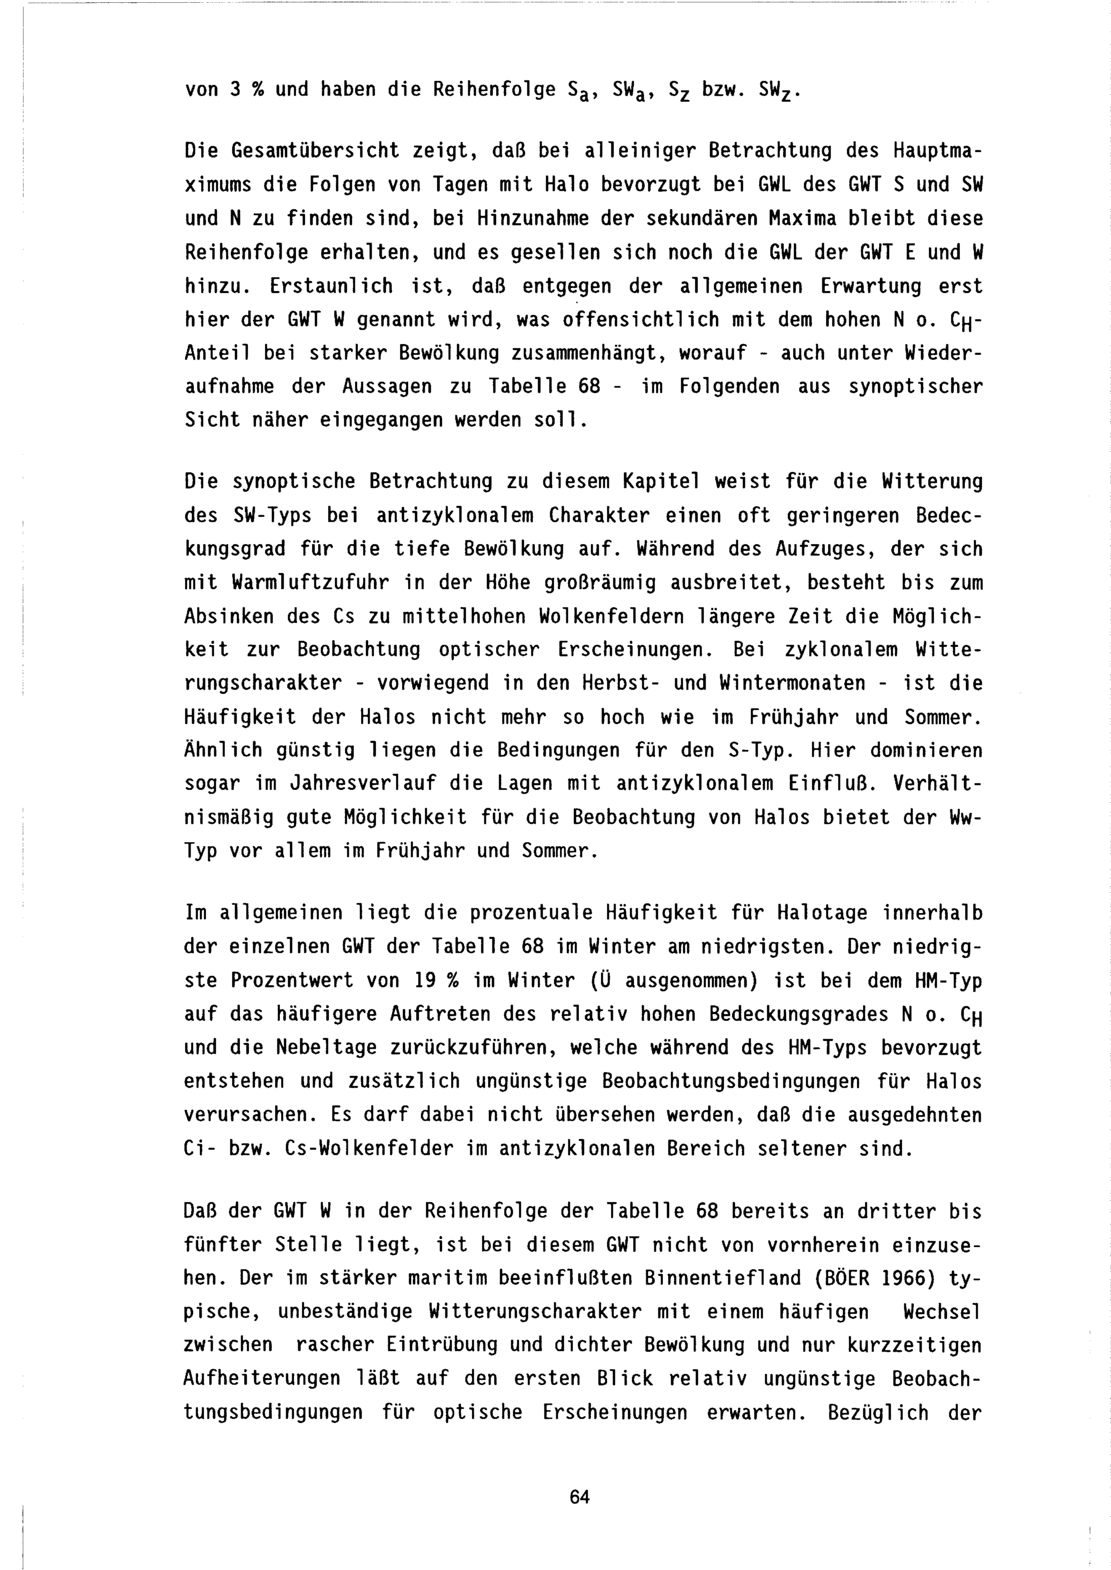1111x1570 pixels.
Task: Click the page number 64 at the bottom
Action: point(579,1497)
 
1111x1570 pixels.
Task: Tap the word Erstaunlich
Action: point(331,286)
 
